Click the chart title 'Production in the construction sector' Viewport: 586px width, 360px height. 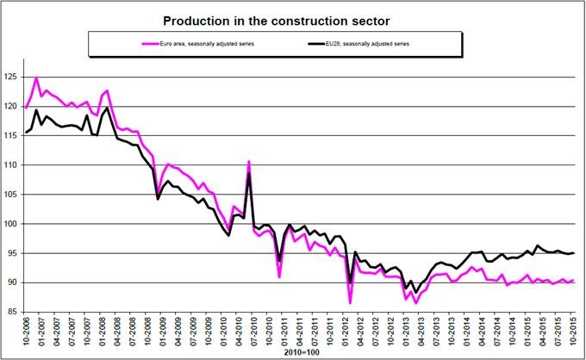(x=293, y=18)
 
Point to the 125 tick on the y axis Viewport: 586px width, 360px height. (x=11, y=78)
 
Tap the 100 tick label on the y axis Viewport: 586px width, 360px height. (x=11, y=224)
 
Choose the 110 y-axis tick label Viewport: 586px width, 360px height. (x=11, y=165)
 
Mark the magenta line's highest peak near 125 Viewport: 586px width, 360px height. (x=36, y=78)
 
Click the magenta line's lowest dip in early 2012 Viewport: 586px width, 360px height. (x=350, y=302)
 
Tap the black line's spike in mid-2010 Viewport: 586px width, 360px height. (x=249, y=173)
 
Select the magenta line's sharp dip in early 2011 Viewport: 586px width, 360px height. (x=279, y=276)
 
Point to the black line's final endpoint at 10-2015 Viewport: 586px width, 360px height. (x=574, y=252)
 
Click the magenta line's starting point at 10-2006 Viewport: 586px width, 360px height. (x=26, y=107)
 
